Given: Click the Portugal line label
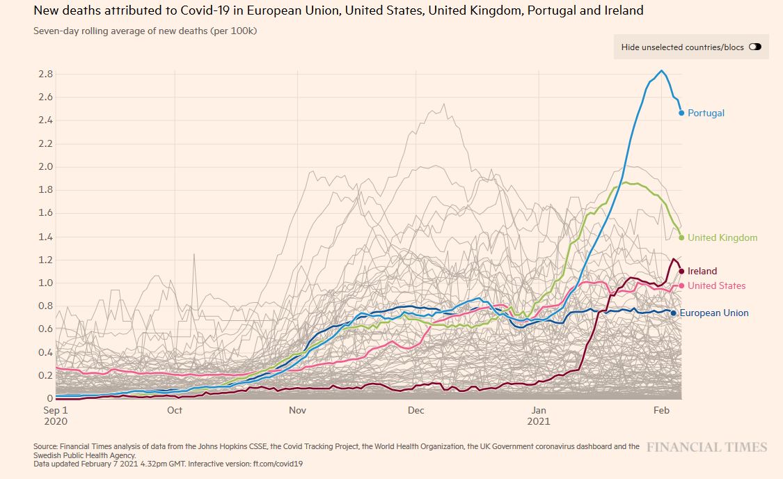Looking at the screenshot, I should (706, 113).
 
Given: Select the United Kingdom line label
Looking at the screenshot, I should (722, 237).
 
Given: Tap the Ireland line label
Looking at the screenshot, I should (702, 271).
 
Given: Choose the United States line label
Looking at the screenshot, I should (716, 285).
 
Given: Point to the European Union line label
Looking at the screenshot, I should (714, 313).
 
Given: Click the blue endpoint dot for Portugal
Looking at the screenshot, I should (681, 113).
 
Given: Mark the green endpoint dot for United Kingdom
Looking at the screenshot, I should (681, 237).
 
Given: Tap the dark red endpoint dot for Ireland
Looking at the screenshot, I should (681, 271).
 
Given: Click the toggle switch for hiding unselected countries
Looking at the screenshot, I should (755, 47).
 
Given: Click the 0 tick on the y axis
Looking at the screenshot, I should (49, 398).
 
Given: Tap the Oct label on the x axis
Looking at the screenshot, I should (175, 410).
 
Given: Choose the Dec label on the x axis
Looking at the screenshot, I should (416, 410).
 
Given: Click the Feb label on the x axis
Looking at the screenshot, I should (661, 410).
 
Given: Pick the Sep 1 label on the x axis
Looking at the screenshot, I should (56, 410).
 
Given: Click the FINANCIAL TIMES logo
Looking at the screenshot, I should (706, 447).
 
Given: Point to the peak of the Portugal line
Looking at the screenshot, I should (661, 70).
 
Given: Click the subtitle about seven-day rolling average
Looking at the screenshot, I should (145, 31).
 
